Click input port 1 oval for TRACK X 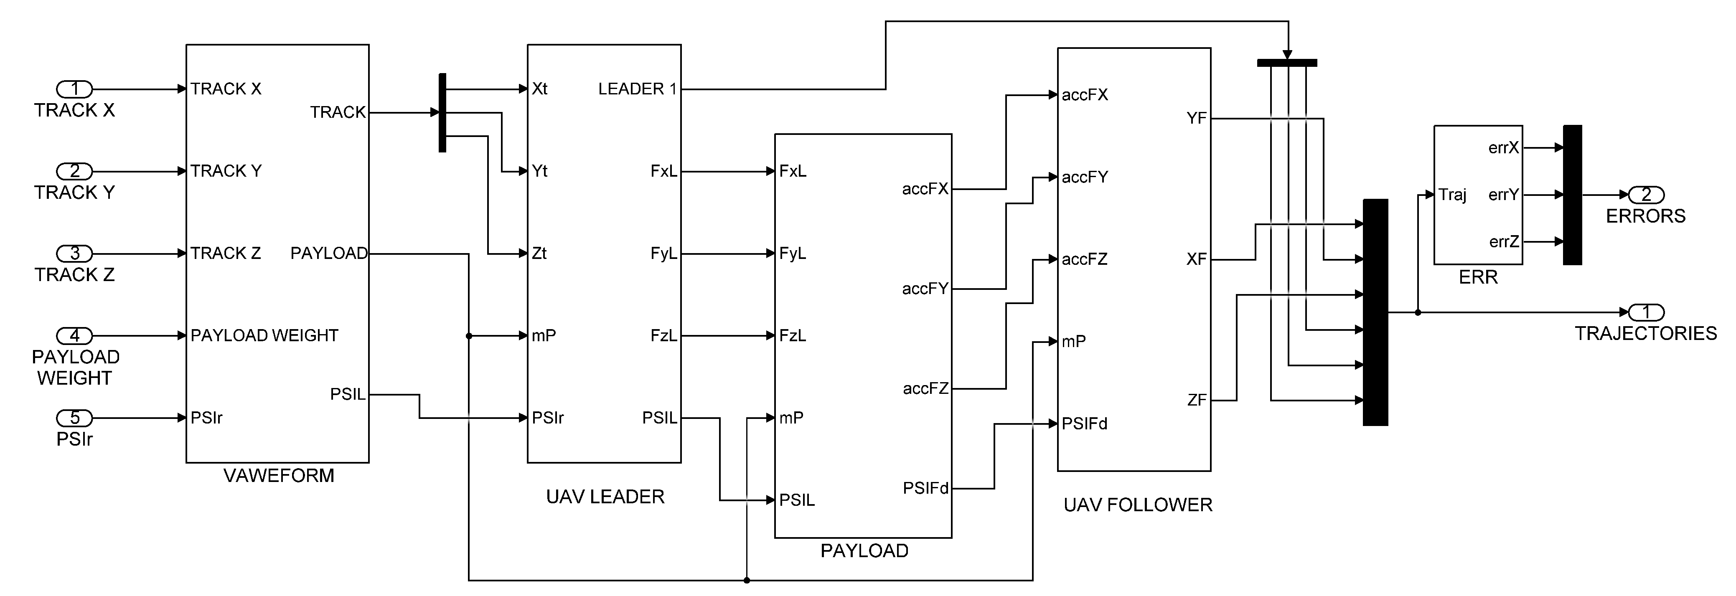click(x=74, y=89)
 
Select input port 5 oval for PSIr click(x=74, y=418)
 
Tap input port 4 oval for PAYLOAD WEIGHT click(x=74, y=335)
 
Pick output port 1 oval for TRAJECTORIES click(x=1646, y=312)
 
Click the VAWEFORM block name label click(x=278, y=475)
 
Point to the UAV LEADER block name click(x=605, y=497)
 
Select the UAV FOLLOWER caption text click(x=1138, y=505)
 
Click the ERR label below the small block click(x=1478, y=277)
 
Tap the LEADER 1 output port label click(x=637, y=89)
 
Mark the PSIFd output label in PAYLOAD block click(x=925, y=488)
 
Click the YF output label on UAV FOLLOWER click(x=1196, y=119)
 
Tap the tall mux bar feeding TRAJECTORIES click(x=1375, y=312)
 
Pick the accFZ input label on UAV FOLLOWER click(x=1084, y=259)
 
